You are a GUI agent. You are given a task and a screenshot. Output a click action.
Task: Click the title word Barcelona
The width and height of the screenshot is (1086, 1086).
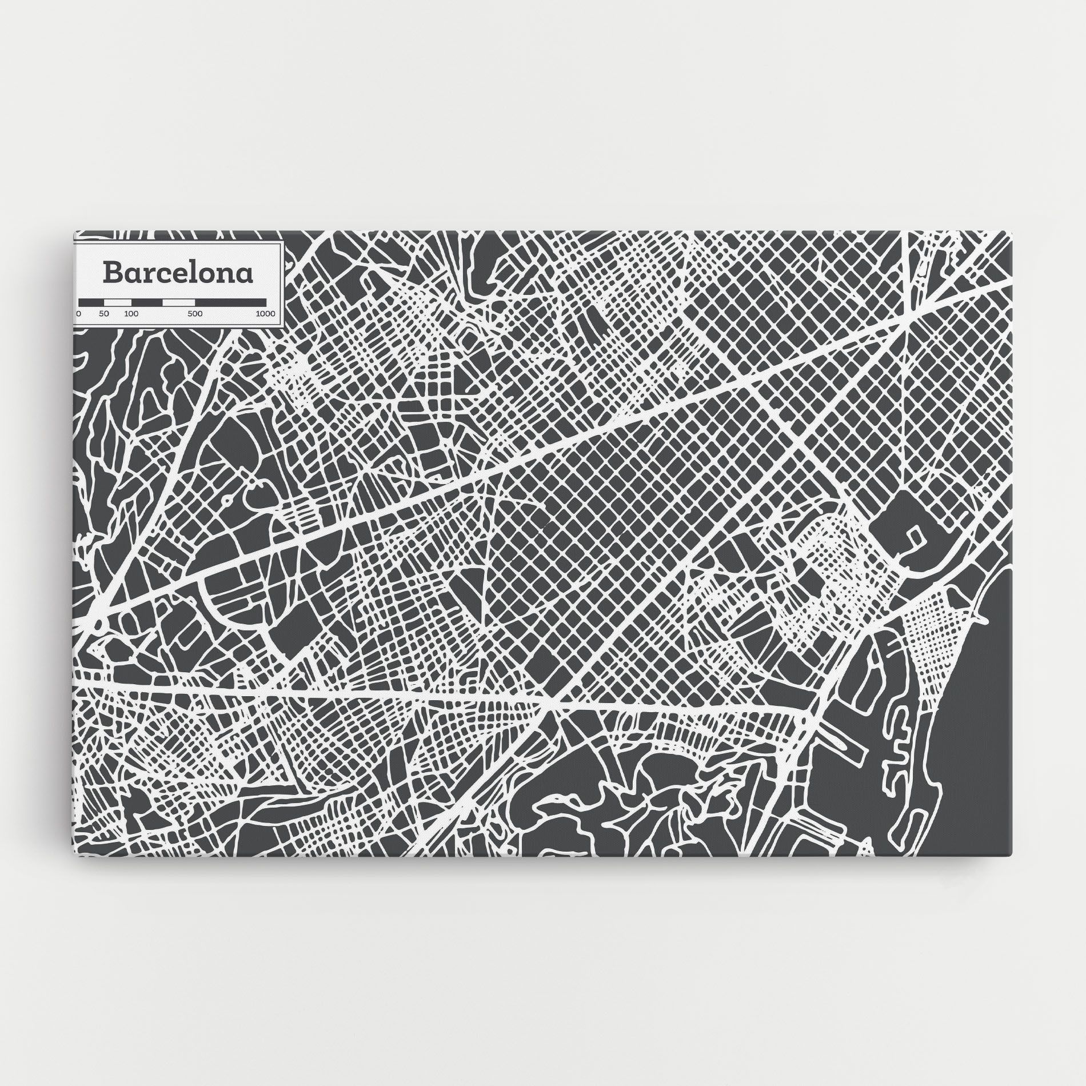tap(178, 273)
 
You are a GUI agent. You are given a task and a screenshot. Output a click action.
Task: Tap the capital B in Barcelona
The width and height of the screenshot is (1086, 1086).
tap(111, 273)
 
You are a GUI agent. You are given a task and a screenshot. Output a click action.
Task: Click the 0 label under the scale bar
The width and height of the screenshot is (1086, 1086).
tap(79, 314)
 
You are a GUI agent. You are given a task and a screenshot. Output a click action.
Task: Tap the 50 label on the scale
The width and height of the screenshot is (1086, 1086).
tap(103, 314)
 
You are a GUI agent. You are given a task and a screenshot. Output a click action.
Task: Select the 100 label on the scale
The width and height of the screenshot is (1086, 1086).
tap(131, 314)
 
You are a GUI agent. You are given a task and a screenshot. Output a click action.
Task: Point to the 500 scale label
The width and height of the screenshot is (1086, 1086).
tap(195, 314)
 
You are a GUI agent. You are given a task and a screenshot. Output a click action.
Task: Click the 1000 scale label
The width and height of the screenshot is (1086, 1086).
tap(265, 314)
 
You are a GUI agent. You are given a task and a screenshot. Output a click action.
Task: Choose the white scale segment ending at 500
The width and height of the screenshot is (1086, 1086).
tap(178, 301)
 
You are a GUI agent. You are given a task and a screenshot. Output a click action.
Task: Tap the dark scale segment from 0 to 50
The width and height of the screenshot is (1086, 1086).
tap(92, 301)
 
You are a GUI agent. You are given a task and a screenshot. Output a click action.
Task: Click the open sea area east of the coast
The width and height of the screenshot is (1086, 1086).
tap(983, 743)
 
